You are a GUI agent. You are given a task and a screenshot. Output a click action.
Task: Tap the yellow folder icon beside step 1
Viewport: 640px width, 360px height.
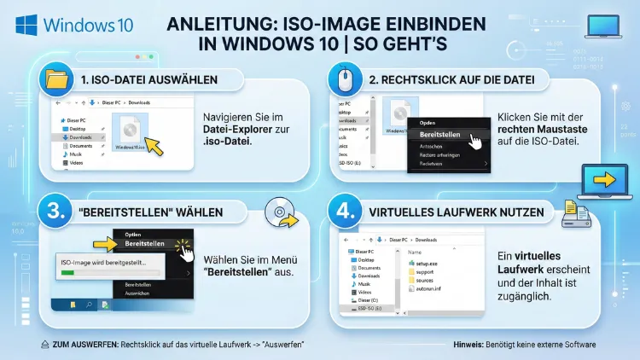pos(56,81)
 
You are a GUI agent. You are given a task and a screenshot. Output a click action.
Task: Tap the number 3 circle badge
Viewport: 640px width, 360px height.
pos(55,212)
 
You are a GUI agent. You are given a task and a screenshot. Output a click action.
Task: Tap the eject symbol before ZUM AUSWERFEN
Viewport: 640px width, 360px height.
pos(44,344)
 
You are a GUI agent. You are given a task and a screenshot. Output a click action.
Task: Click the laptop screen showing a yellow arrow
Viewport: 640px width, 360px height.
pos(603,180)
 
